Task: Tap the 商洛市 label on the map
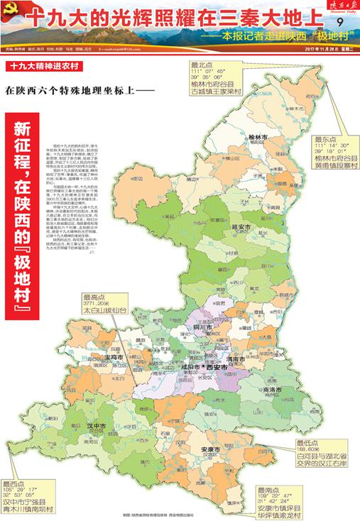[x=273, y=390]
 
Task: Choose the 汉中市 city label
[x=96, y=426]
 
